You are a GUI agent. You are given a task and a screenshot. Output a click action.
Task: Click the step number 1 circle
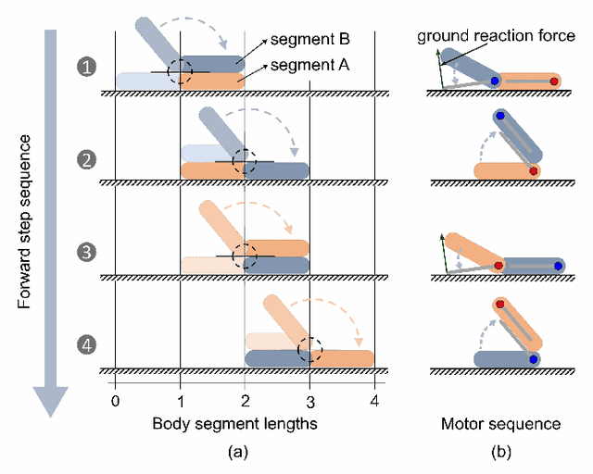point(85,68)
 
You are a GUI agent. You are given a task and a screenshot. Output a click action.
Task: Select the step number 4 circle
point(85,346)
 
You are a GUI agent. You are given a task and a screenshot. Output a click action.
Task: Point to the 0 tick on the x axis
point(115,401)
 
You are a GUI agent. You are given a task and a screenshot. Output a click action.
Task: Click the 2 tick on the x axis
point(245,401)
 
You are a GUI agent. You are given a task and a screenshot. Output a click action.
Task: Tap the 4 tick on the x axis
point(374,401)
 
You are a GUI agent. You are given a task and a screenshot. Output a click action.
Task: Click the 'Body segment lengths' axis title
point(245,424)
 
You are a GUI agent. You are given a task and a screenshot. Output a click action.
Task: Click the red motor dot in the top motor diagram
point(554,81)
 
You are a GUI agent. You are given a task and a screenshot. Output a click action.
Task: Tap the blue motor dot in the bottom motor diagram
point(534,358)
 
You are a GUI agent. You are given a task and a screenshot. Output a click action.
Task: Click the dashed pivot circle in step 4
point(309,350)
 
